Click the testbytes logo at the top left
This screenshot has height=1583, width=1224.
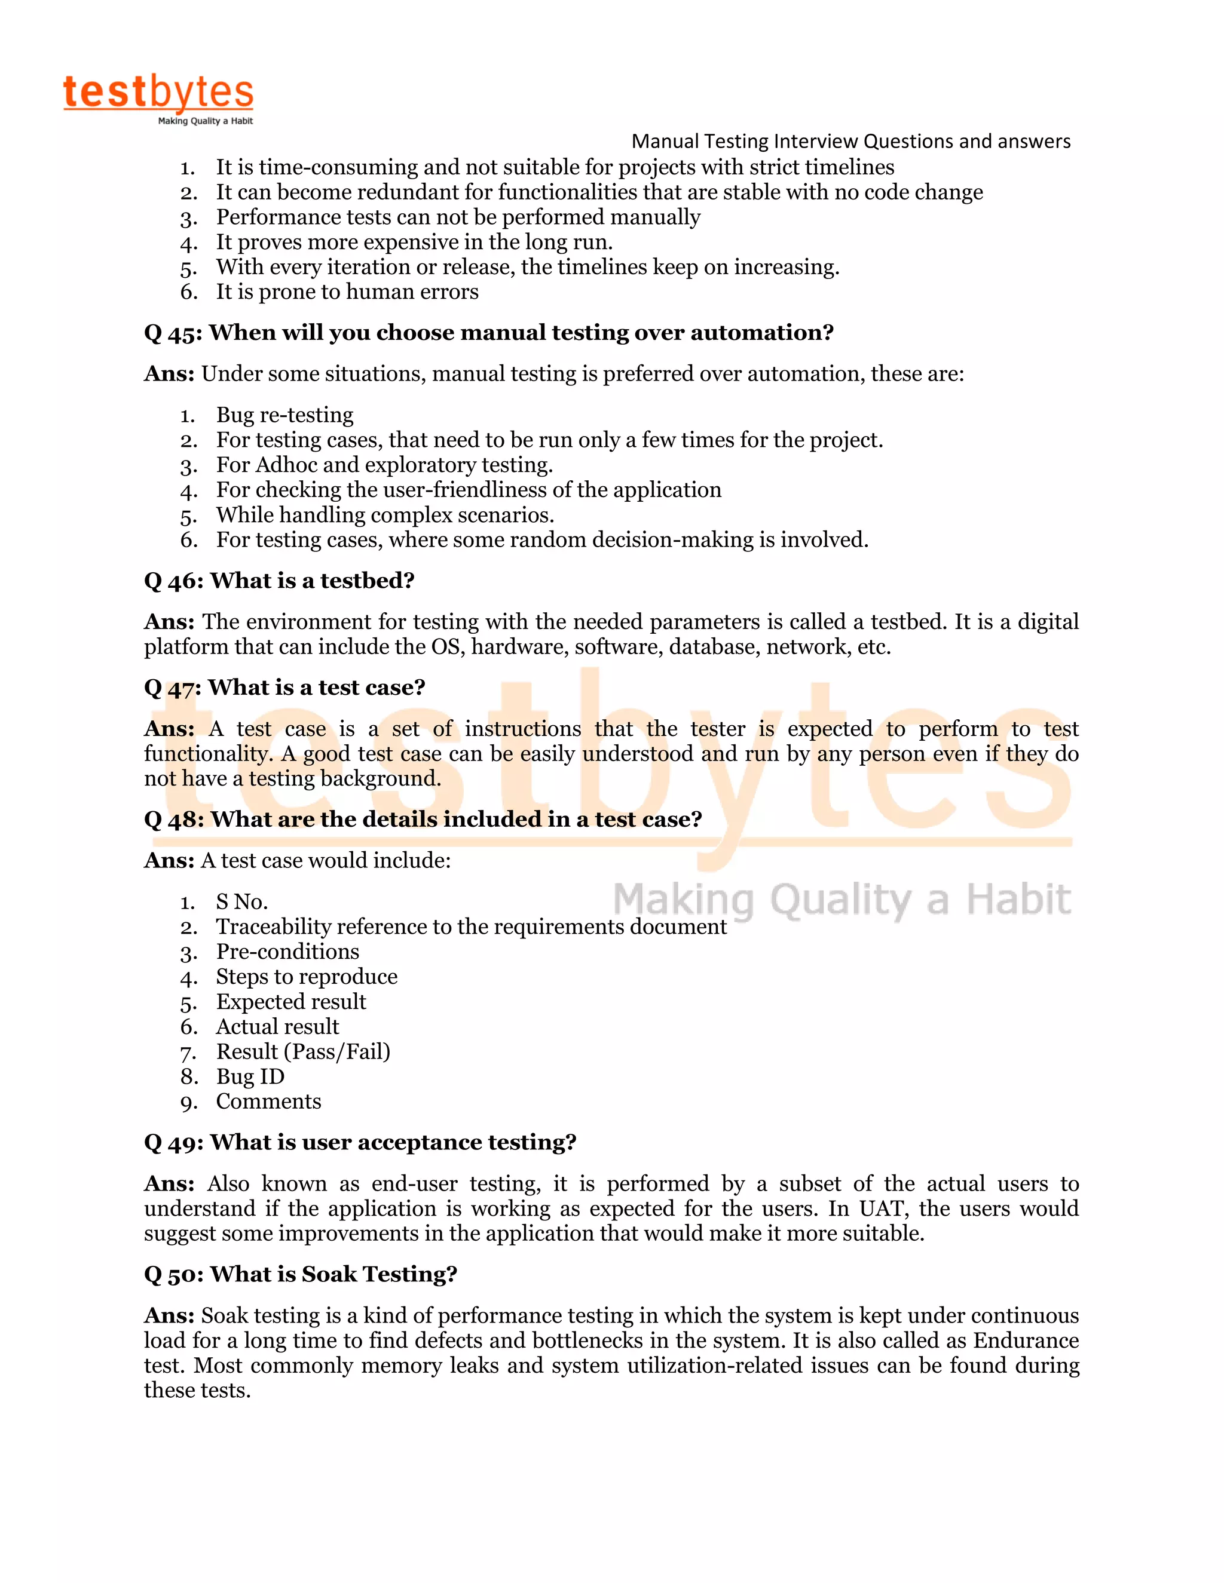coord(158,99)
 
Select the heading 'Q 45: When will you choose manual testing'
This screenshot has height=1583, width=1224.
coord(489,333)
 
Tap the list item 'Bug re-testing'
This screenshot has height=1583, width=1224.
coord(284,415)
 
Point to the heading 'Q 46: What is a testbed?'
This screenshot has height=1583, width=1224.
coord(279,581)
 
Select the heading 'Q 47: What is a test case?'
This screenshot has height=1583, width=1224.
coord(284,687)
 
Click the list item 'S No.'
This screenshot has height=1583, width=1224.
coord(241,901)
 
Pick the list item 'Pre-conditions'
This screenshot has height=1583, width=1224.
coord(287,952)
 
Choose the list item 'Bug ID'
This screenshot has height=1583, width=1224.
coord(250,1076)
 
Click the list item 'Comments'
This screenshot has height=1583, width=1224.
coord(268,1101)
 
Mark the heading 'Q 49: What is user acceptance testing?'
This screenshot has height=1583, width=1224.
coord(360,1142)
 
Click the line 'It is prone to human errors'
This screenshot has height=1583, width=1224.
coord(347,292)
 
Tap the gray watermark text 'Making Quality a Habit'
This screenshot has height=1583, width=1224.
coord(841,900)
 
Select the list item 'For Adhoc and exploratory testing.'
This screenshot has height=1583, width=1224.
coord(384,465)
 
